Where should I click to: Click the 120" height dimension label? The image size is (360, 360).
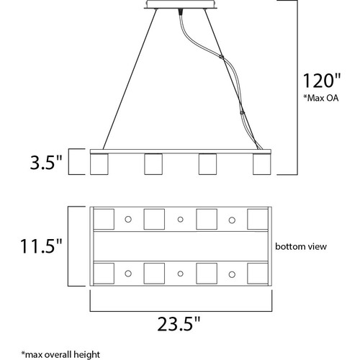(322, 81)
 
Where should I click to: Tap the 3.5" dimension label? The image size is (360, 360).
(46, 162)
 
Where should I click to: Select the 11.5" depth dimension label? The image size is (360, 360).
(41, 246)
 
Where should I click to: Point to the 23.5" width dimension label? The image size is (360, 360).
(179, 323)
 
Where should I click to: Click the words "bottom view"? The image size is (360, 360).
(301, 246)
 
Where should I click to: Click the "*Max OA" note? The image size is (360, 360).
(321, 98)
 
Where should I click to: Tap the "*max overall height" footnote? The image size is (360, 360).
(60, 354)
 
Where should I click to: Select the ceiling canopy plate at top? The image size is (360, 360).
(181, 4)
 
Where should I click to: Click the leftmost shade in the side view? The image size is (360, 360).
(99, 164)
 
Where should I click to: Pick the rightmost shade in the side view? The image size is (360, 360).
(262, 164)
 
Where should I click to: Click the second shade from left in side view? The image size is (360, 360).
(153, 164)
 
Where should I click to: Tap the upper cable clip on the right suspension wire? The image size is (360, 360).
(222, 57)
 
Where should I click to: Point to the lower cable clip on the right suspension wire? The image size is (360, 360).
(242, 112)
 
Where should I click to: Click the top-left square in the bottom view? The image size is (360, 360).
(104, 219)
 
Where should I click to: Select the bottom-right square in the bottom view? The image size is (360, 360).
(258, 273)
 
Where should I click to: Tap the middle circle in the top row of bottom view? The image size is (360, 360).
(181, 220)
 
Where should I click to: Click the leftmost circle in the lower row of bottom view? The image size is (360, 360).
(128, 274)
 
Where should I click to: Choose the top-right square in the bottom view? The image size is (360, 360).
(258, 219)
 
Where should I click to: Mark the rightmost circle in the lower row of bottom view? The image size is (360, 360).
(232, 274)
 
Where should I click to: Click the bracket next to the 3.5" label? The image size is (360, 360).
(69, 161)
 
